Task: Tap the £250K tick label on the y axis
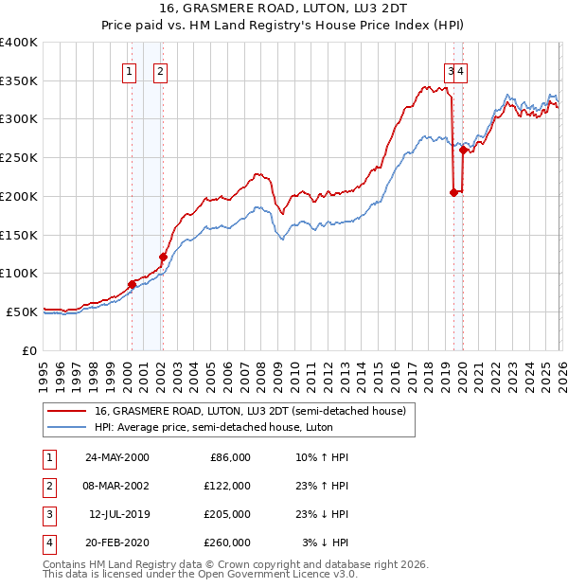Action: [x=19, y=157]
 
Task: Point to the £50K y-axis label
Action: [x=22, y=311]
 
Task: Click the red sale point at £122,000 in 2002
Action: [x=163, y=257]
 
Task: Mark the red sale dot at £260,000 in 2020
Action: [x=463, y=150]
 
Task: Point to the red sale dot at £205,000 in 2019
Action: [x=453, y=192]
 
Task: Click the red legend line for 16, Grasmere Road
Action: [x=67, y=411]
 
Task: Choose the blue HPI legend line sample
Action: [x=67, y=427]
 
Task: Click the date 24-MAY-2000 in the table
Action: [x=116, y=457]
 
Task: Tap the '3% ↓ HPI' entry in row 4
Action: [x=325, y=543]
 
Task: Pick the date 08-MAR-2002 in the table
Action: [x=116, y=486]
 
